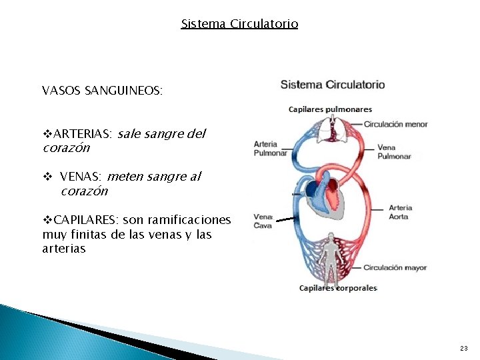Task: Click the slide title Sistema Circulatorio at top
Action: (239, 24)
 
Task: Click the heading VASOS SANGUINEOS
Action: (102, 91)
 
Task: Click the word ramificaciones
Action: (187, 219)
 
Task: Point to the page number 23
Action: (464, 349)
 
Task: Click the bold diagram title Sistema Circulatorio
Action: (333, 85)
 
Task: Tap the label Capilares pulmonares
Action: (330, 109)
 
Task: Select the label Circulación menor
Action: (395, 124)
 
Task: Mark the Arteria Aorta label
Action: (400, 212)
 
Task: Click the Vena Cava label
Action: (263, 221)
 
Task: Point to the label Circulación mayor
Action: (395, 268)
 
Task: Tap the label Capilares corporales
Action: (338, 288)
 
